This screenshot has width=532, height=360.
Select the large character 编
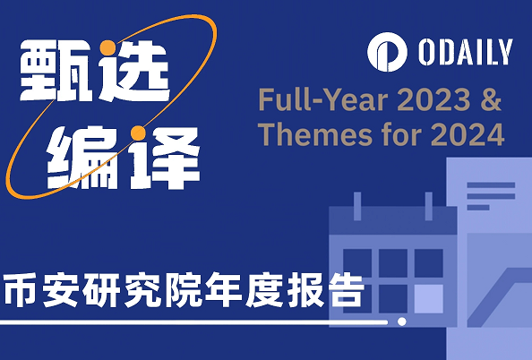[76, 152]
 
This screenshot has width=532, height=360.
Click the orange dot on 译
[136, 134]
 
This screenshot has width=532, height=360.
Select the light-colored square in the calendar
[428, 299]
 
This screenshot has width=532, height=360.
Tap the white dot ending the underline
[402, 321]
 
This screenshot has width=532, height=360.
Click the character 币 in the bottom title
[21, 291]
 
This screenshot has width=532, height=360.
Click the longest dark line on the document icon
[488, 186]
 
